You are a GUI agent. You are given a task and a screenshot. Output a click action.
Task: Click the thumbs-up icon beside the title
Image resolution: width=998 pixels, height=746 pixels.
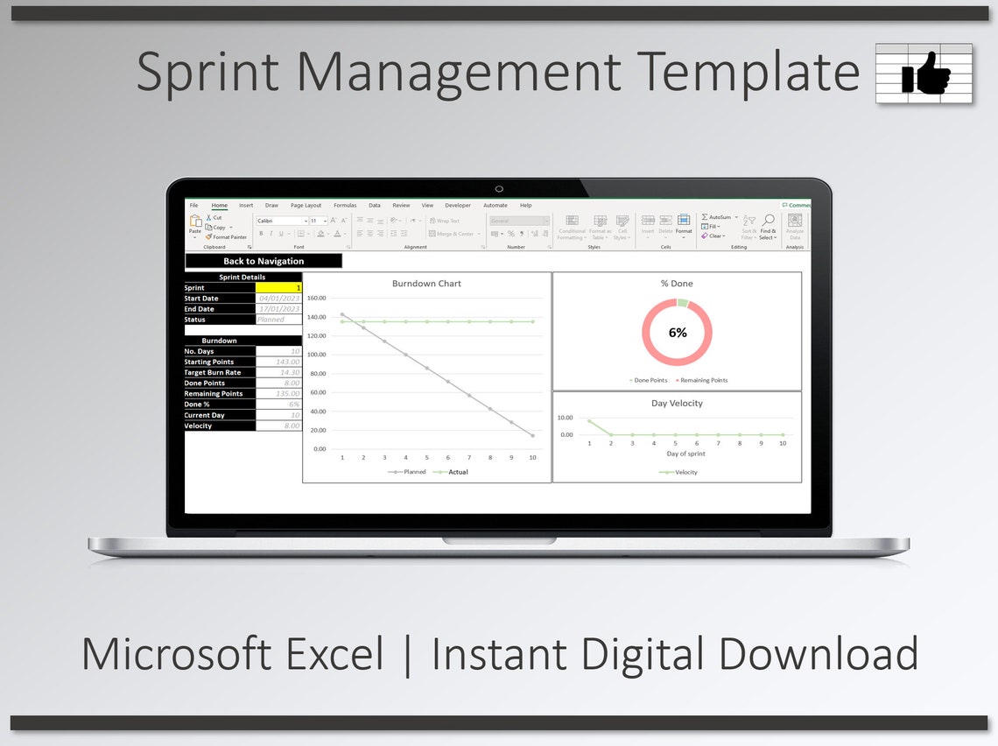point(925,74)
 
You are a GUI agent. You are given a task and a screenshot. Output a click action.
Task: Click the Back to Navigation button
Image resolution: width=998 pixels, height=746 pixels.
point(264,261)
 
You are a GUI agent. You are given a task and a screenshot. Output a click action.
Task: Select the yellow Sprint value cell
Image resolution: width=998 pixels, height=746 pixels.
point(278,288)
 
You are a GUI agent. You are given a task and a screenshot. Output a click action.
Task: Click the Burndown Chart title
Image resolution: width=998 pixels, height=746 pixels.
point(426,284)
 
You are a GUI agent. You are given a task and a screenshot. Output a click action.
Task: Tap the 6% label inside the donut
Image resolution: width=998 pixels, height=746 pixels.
point(678,333)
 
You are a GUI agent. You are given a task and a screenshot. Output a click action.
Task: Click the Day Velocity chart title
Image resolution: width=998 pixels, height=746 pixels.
point(677,404)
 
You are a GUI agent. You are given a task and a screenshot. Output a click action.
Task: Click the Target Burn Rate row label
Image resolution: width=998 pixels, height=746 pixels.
point(213,373)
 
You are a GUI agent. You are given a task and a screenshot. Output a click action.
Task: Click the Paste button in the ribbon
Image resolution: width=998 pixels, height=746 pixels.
point(195,226)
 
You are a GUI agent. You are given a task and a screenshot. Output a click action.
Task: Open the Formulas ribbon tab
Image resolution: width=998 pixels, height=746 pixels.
point(345,206)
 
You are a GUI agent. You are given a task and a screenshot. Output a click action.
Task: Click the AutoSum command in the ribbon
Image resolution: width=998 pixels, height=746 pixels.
point(719,217)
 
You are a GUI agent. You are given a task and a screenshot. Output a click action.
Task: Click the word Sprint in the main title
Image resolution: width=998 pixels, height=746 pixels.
point(207,72)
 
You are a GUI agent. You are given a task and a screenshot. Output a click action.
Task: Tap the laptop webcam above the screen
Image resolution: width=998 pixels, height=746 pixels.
point(499,188)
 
